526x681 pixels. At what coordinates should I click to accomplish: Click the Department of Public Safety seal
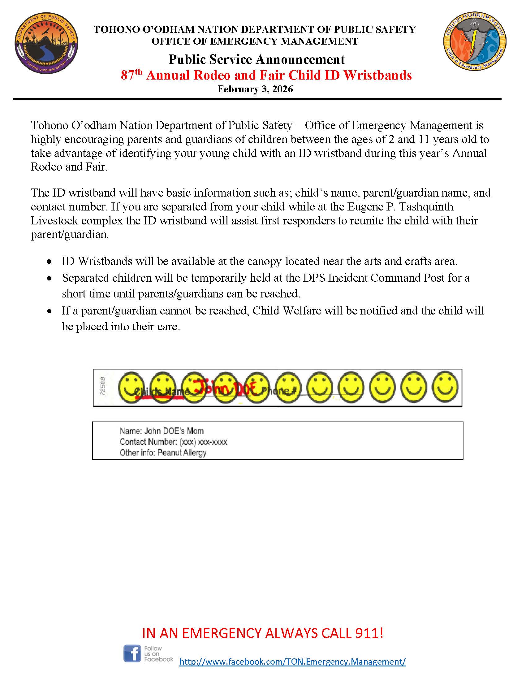point(46,43)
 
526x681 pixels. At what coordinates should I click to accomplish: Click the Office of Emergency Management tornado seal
point(475,42)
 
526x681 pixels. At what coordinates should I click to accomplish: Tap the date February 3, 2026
point(255,89)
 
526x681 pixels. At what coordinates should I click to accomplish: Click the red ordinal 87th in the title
point(131,75)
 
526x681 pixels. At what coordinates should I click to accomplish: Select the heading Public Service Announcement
point(257,59)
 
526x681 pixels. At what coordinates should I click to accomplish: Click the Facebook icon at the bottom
point(132,653)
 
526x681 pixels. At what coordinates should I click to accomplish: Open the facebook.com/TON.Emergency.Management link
point(292,661)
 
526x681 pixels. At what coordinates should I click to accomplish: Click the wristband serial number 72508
point(102,387)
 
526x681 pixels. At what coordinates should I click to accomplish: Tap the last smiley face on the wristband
point(445,387)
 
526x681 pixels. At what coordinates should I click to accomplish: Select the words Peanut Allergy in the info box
point(182,453)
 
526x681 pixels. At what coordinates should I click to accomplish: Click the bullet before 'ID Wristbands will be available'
point(49,262)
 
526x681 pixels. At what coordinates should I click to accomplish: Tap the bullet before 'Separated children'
point(49,278)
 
